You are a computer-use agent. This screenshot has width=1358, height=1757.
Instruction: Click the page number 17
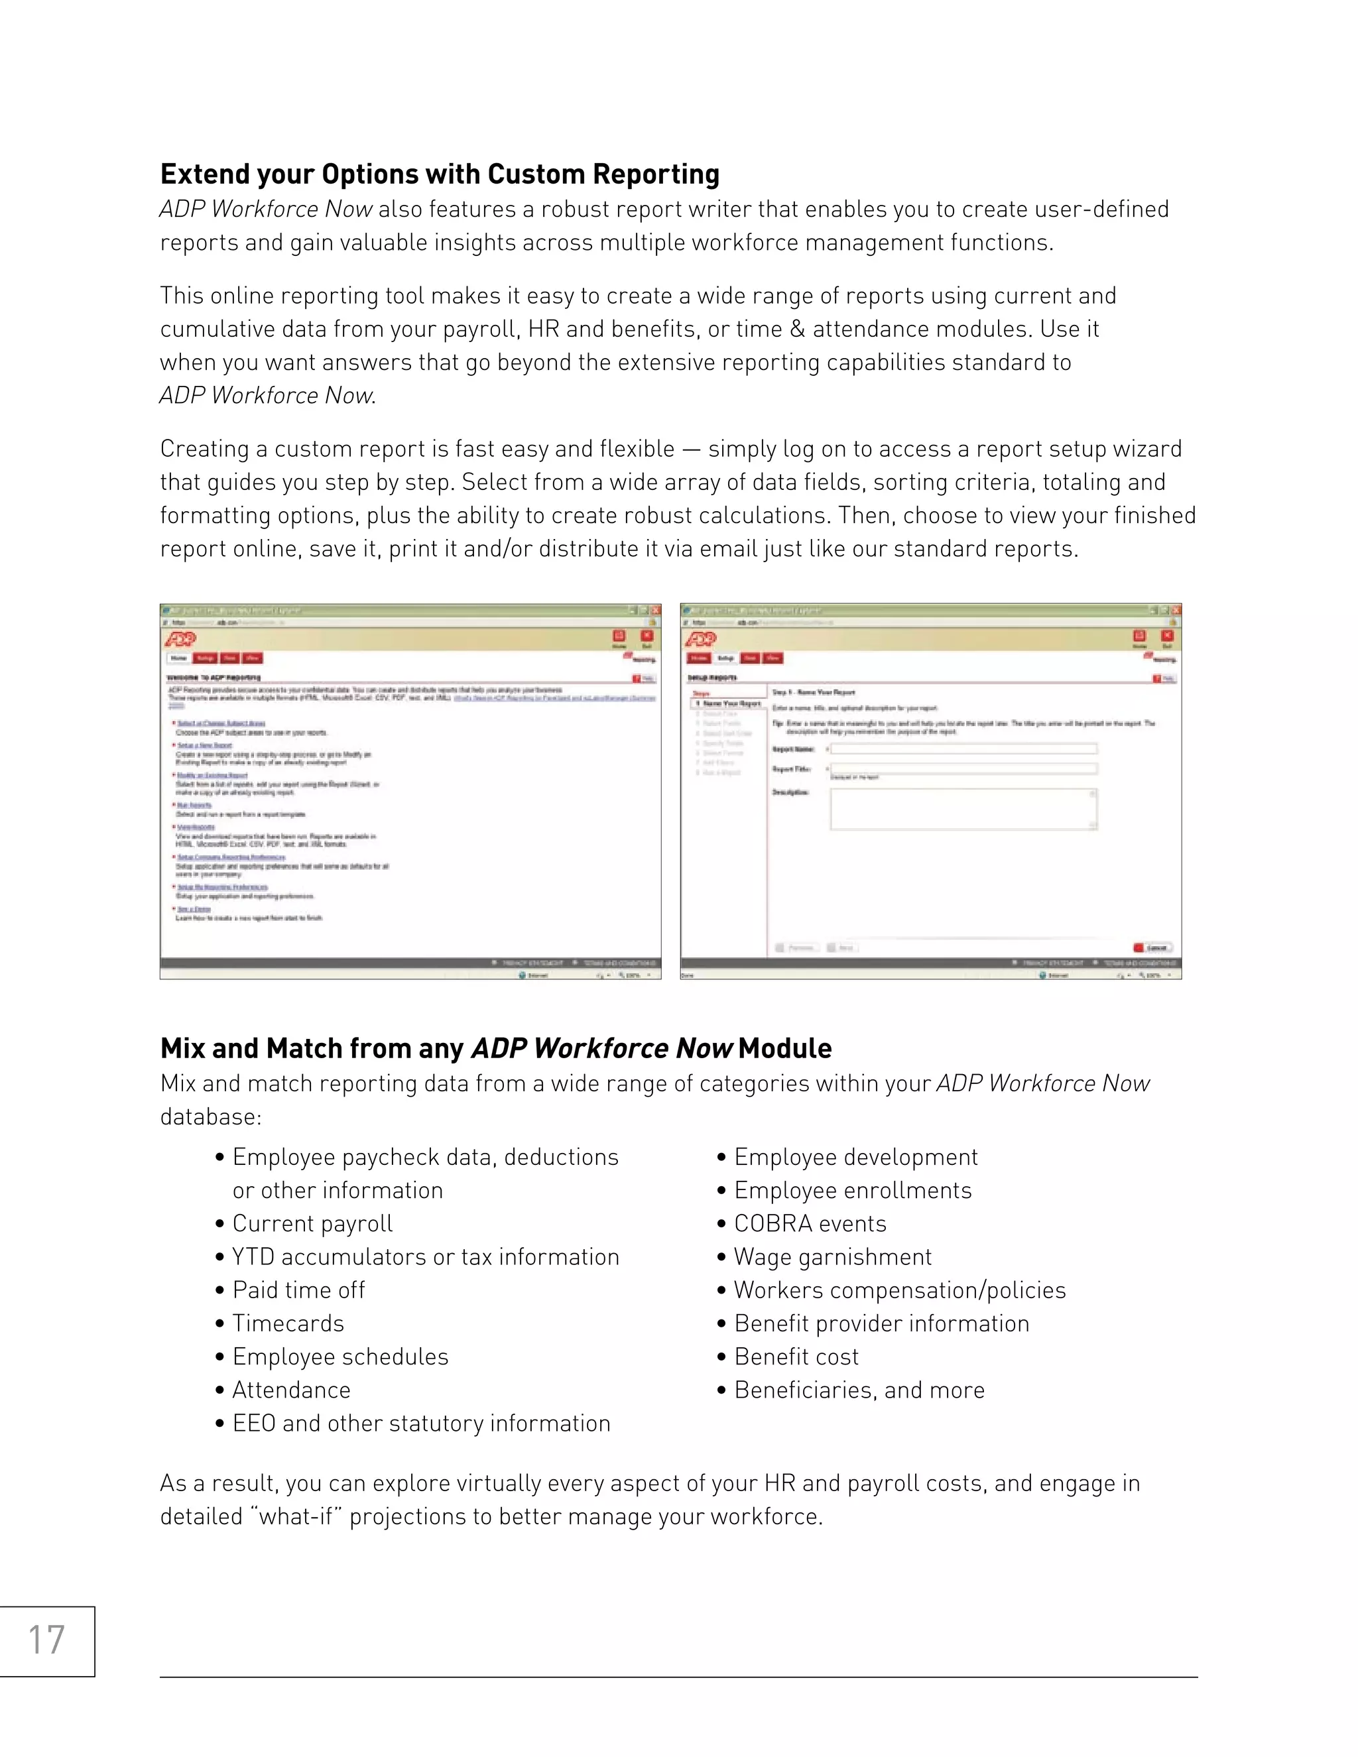(x=46, y=1640)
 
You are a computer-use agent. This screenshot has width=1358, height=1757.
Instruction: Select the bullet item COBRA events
(x=810, y=1224)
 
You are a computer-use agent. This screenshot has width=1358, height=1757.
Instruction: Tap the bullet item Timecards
(x=288, y=1323)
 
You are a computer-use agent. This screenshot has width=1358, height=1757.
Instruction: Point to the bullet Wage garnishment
(x=832, y=1256)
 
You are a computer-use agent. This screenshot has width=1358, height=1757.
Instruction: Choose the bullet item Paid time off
(x=298, y=1290)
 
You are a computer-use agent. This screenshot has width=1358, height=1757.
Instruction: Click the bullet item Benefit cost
(x=796, y=1357)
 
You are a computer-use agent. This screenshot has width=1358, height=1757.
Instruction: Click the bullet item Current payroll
(x=312, y=1224)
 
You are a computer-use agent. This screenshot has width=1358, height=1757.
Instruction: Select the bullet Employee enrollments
(x=853, y=1191)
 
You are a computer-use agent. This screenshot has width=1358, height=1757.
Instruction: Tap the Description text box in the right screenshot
(x=962, y=808)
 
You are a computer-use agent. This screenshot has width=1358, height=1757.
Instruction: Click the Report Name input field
(x=963, y=749)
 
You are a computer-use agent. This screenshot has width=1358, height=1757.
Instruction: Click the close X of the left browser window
(x=656, y=611)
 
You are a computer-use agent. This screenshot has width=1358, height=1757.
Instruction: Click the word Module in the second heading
(x=784, y=1049)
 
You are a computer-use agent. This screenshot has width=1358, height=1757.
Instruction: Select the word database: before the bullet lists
(x=211, y=1117)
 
